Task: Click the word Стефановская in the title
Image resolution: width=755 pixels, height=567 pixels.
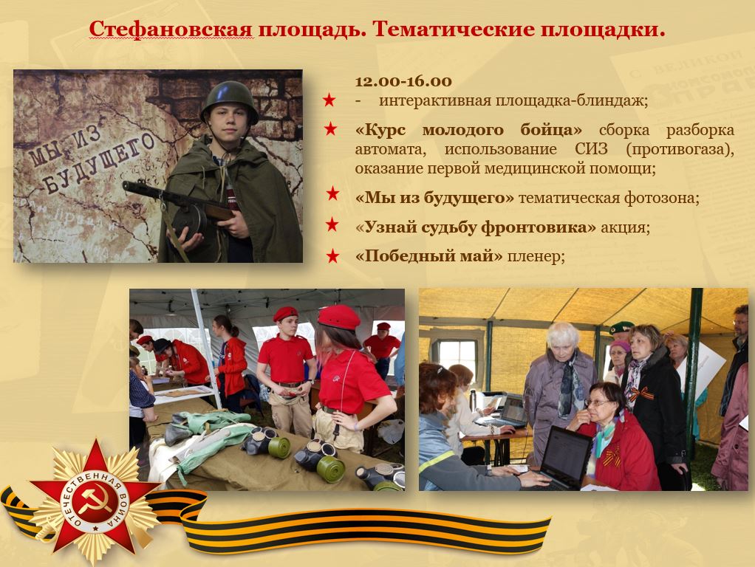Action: coord(171,30)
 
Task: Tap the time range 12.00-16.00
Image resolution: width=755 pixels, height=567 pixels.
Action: coord(403,81)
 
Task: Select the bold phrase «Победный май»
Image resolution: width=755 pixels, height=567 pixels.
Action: coord(428,255)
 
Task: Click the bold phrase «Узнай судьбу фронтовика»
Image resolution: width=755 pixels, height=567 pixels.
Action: coord(476,227)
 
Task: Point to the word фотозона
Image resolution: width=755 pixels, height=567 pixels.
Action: coord(662,198)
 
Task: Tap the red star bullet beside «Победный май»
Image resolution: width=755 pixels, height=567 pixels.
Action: coord(332,256)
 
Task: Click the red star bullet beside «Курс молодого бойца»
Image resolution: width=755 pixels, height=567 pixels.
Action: coord(330,129)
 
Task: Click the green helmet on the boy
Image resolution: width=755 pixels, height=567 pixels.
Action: coord(229,99)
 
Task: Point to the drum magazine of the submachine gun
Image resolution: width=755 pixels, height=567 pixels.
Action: coord(189,220)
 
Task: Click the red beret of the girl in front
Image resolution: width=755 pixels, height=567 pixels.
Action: coord(339,317)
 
